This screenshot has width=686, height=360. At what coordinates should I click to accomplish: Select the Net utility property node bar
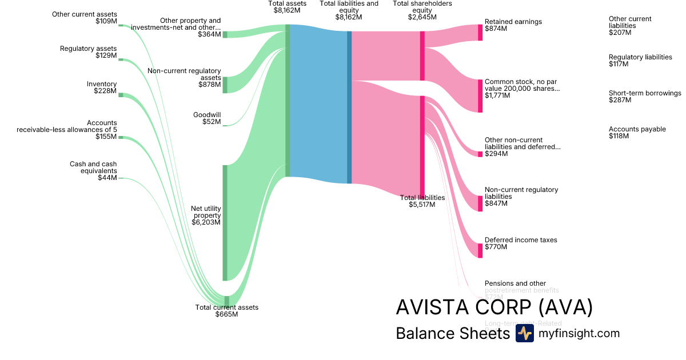coord(225,223)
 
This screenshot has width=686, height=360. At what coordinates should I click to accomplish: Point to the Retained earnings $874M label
coord(513,25)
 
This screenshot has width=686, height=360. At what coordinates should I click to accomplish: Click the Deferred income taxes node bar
coord(480,250)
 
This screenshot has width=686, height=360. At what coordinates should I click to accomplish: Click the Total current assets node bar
coord(227,301)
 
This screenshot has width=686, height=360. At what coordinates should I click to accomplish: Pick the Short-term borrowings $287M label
coord(644,97)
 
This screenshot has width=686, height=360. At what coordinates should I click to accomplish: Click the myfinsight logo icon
coord(524,334)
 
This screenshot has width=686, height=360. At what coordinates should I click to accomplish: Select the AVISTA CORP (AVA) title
coord(494,308)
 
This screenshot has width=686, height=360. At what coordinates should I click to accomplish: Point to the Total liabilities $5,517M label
coord(422,201)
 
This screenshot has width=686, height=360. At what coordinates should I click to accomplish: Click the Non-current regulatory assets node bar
coord(225,85)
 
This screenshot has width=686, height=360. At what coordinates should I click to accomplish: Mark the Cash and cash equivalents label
coord(93,171)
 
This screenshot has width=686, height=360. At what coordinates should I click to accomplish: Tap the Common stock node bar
coord(480,96)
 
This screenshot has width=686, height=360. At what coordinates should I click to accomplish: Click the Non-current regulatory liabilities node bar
coord(480,203)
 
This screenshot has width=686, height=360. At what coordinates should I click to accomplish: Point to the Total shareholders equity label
coord(422,10)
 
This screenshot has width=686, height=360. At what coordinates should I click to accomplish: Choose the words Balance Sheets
coord(452,334)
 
